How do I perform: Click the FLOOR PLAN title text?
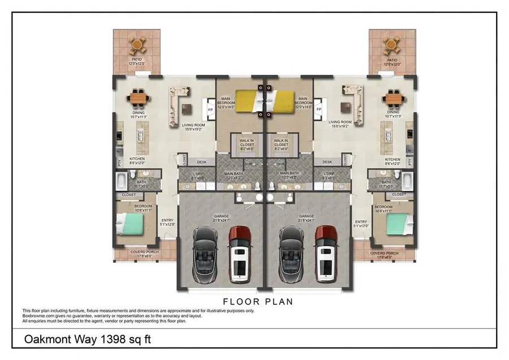pos(258,302)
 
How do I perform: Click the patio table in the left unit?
pos(137,44)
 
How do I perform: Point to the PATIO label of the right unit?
pos(392,60)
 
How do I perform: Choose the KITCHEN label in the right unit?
pos(392,160)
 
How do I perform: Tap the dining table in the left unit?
pos(137,98)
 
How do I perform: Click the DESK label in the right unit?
pos(327,162)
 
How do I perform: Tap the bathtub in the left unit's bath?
pos(123,181)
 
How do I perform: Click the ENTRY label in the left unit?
pos(167,221)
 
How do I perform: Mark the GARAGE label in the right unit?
pos(307,216)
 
